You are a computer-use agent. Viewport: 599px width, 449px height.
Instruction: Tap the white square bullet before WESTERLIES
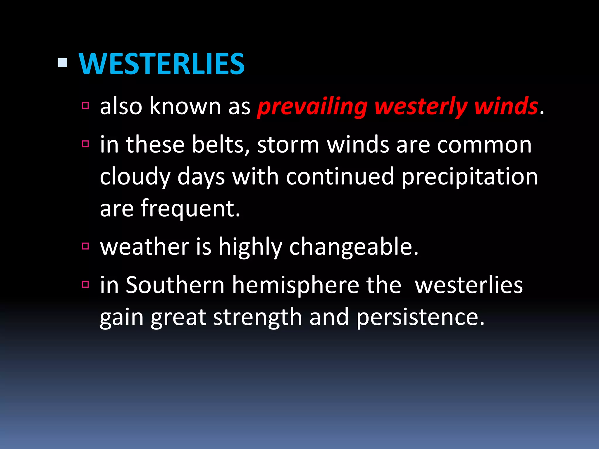63,63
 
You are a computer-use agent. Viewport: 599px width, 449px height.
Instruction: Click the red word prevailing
312,107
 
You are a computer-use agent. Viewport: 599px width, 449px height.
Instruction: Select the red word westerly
421,107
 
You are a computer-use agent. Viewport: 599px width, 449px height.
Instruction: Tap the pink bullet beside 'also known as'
85,106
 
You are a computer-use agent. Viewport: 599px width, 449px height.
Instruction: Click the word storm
288,145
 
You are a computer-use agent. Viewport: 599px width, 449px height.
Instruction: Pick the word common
484,145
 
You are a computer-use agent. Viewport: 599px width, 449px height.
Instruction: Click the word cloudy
135,177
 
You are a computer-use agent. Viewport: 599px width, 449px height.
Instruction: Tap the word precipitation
469,177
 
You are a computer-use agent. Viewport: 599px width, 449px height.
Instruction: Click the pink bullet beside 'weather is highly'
85,246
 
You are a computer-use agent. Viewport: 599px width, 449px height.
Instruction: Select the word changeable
354,247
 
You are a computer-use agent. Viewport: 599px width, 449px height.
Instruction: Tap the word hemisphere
295,285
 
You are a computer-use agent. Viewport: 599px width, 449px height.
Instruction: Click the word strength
257,317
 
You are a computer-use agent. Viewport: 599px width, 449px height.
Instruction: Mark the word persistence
420,317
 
